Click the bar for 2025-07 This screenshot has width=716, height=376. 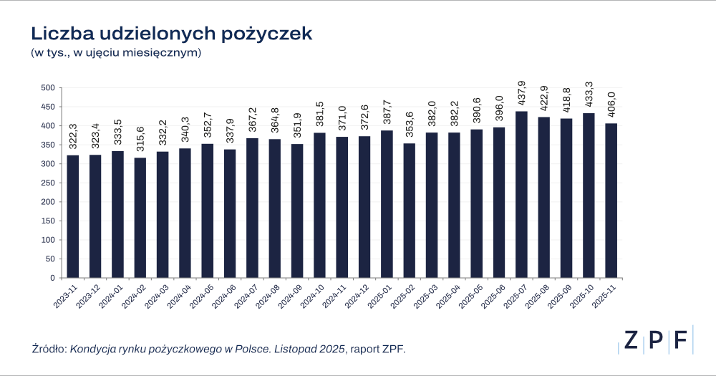click(521, 195)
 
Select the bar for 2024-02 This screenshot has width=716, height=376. click(140, 218)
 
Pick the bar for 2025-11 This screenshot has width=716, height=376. click(611, 201)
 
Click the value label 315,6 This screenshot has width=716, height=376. click(140, 140)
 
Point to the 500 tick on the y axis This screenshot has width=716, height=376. click(47, 88)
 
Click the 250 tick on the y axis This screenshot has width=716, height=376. click(47, 183)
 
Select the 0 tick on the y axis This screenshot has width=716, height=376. click(52, 278)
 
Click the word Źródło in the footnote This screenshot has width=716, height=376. click(49, 349)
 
